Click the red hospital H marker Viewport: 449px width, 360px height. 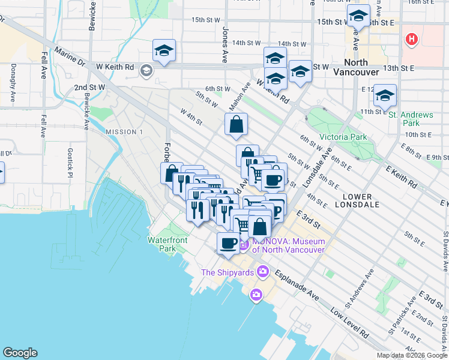(x=411, y=40)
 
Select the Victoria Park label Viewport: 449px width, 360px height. (x=343, y=137)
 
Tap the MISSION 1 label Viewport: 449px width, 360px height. (x=124, y=131)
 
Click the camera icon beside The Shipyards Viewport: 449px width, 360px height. (x=262, y=272)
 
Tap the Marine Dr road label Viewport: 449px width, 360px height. (x=71, y=58)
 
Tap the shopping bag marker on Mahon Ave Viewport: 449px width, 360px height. (x=237, y=125)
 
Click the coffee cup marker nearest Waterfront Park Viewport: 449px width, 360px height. (x=228, y=243)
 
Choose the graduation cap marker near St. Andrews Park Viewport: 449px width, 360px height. (x=385, y=95)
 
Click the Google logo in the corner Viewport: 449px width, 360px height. (x=20, y=353)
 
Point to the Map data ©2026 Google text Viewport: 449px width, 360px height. (x=411, y=355)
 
